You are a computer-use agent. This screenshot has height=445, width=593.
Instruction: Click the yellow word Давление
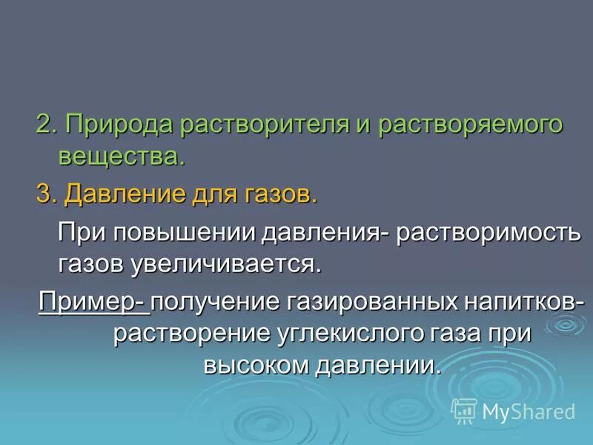(121, 194)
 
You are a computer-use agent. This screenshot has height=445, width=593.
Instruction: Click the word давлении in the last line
(377, 365)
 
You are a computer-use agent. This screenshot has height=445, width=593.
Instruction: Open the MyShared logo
(513, 410)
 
